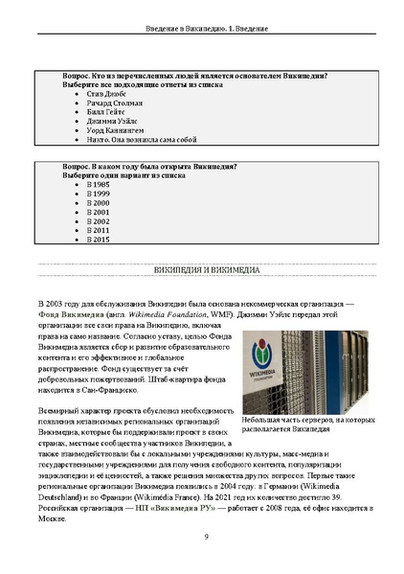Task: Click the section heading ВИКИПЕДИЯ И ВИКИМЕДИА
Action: pyautogui.click(x=202, y=270)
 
